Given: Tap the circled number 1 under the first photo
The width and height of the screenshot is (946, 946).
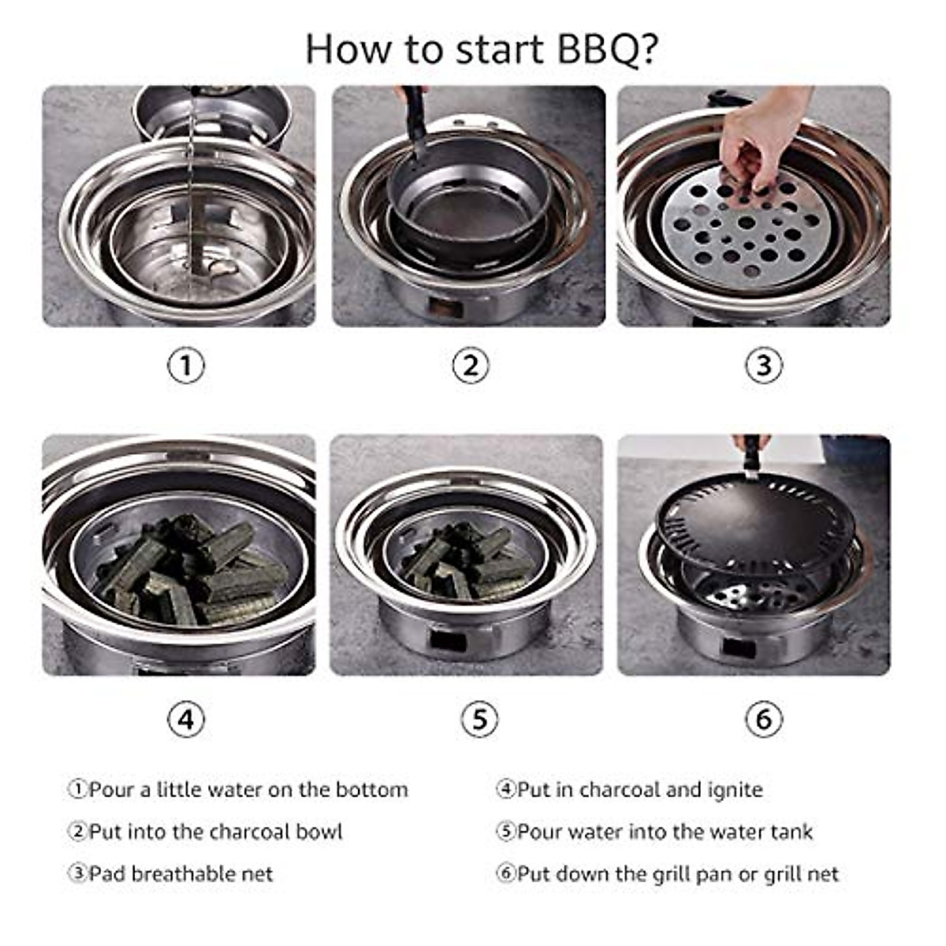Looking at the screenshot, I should pos(186,366).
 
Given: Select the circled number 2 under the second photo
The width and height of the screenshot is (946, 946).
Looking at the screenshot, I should pos(471,366).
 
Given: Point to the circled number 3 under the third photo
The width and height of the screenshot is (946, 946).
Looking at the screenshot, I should pos(763,366).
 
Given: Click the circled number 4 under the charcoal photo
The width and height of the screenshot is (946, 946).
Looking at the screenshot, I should pos(186,719).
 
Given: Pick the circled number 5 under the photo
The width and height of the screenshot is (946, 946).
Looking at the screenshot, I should pos(479,719).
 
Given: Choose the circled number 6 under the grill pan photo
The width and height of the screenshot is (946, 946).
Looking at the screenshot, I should pos(763,719).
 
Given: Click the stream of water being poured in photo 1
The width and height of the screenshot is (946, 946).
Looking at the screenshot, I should pos(194,181).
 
